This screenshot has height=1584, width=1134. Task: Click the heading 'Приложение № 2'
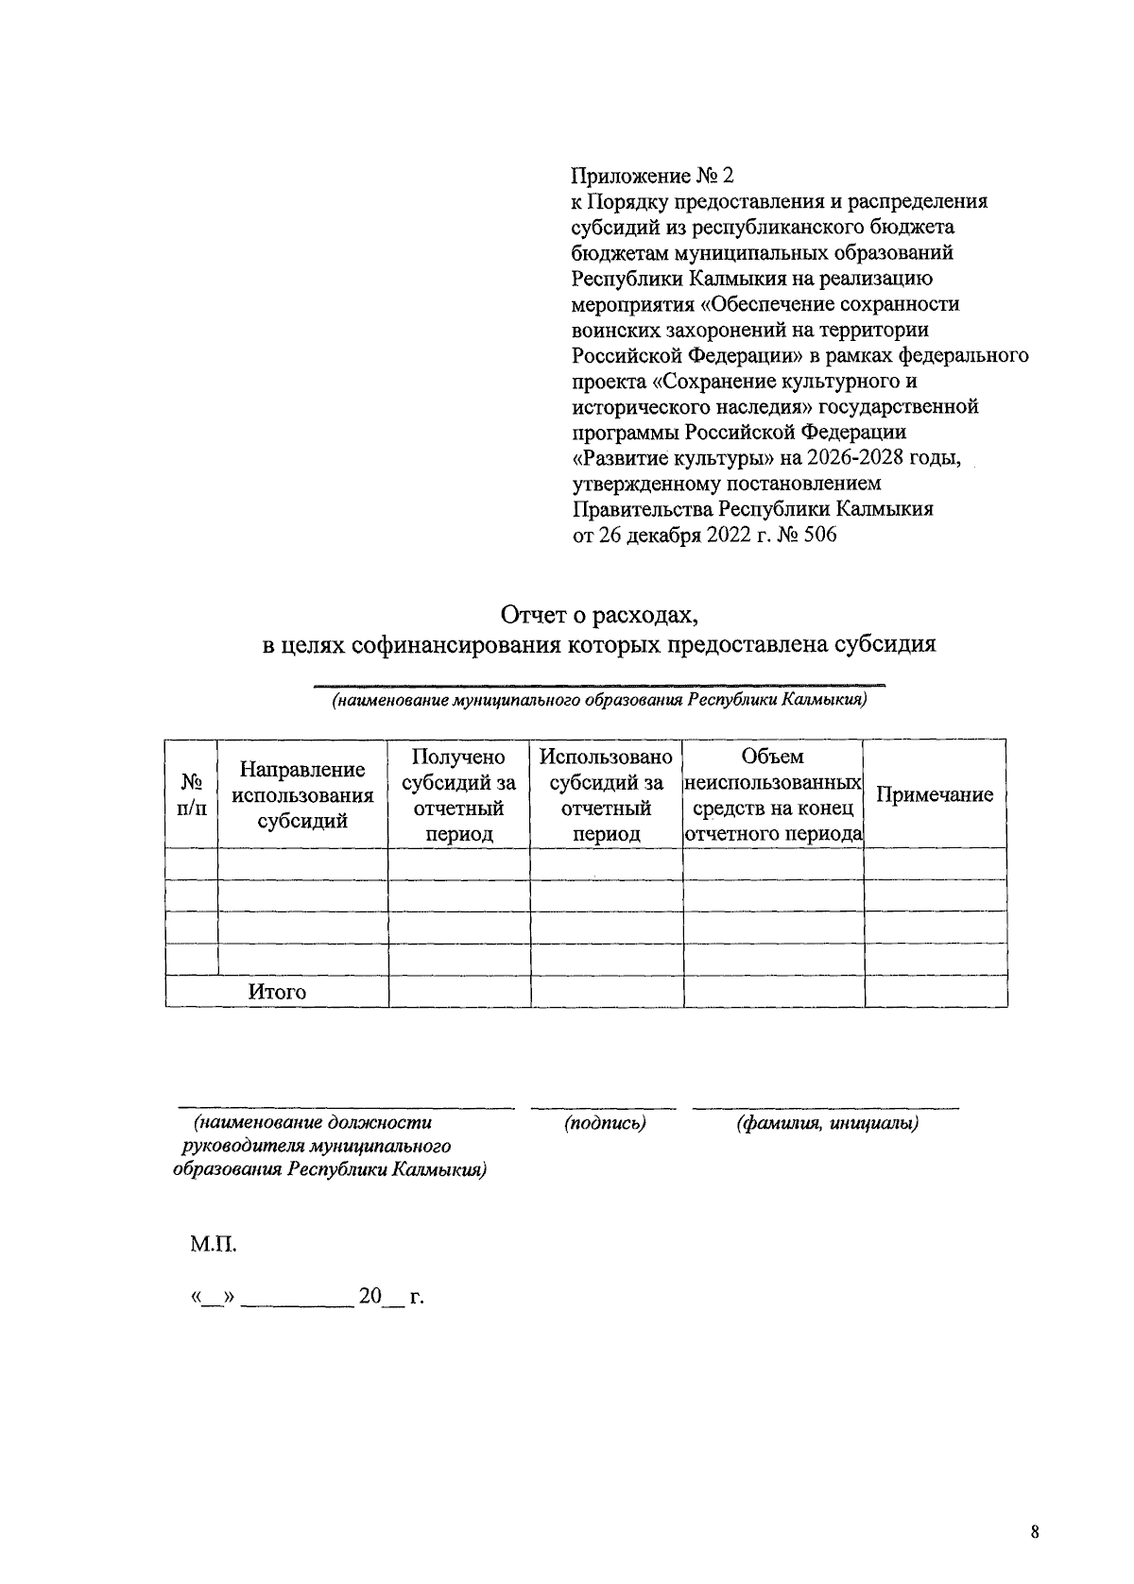pyautogui.click(x=652, y=177)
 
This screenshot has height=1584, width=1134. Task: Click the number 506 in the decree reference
pyautogui.click(x=818, y=536)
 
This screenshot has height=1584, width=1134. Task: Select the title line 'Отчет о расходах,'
pyautogui.click(x=598, y=616)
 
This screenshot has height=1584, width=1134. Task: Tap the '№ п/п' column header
pyautogui.click(x=192, y=794)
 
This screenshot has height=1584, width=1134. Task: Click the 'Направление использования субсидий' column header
pyautogui.click(x=302, y=794)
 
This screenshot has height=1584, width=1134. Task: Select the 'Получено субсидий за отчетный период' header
pyautogui.click(x=459, y=794)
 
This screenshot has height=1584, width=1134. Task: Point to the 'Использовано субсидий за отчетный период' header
pyautogui.click(x=606, y=794)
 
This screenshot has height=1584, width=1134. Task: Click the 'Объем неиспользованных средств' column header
pyautogui.click(x=773, y=794)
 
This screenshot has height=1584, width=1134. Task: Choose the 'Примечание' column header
pyautogui.click(x=935, y=794)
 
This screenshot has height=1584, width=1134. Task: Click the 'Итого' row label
pyautogui.click(x=277, y=992)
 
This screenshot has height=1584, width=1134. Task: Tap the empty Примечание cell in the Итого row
pyautogui.click(x=935, y=992)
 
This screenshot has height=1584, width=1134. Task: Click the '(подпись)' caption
pyautogui.click(x=605, y=1123)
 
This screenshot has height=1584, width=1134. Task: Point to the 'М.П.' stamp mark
pyautogui.click(x=213, y=1244)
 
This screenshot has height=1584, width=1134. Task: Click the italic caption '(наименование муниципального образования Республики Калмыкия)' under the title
pyautogui.click(x=598, y=701)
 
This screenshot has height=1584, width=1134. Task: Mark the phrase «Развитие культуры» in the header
pyautogui.click(x=675, y=458)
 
